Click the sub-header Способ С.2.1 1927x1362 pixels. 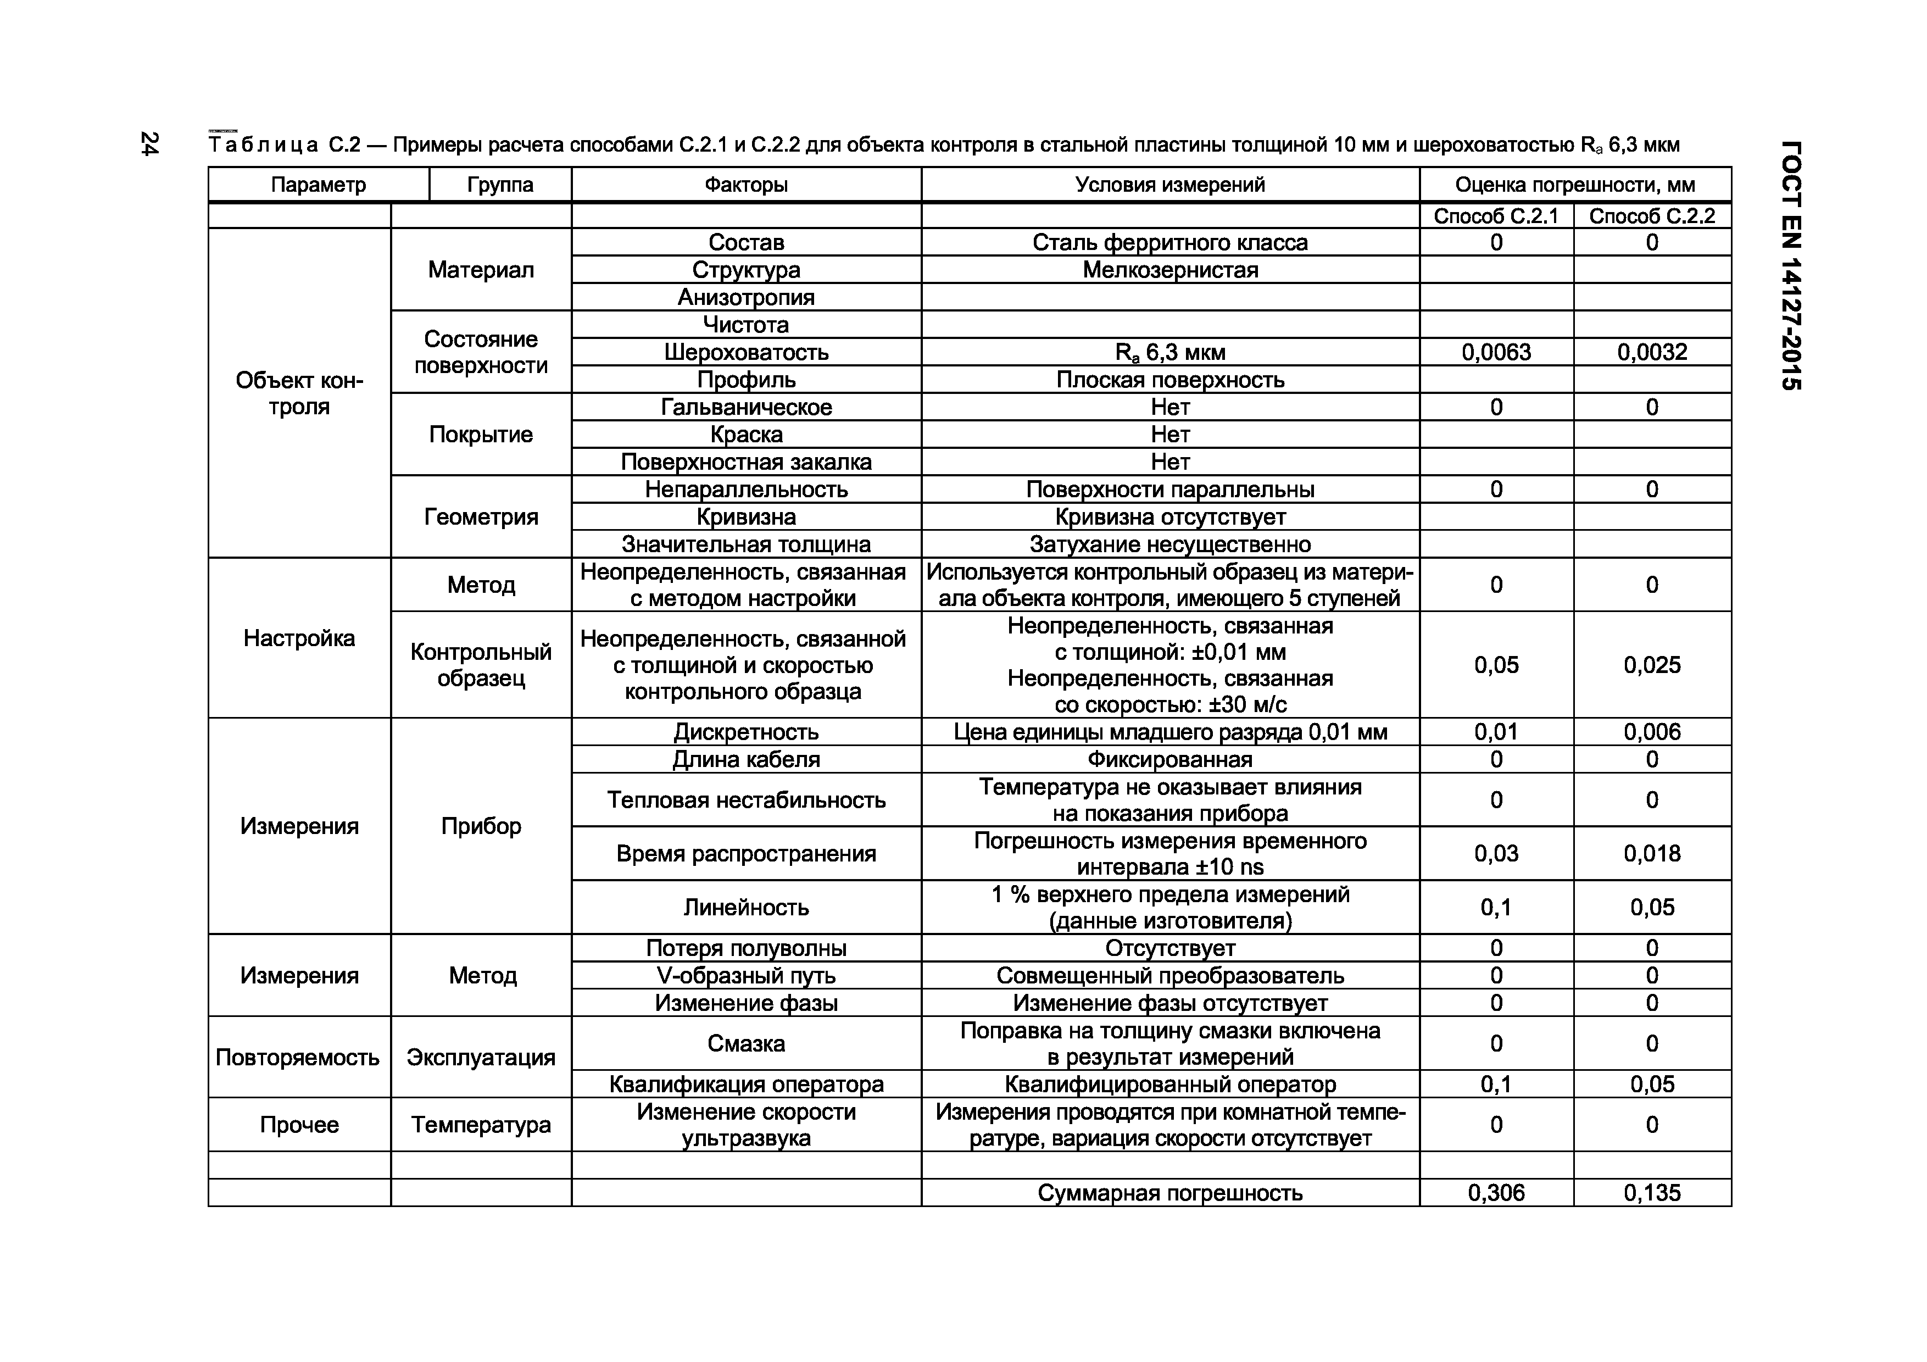1496,216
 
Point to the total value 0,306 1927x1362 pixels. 1496,1192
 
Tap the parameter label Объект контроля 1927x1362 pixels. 299,393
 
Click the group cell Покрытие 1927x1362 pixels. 480,434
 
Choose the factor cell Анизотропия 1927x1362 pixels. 745,297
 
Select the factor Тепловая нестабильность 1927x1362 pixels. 745,800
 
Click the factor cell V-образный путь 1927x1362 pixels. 745,975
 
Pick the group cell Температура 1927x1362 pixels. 480,1125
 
